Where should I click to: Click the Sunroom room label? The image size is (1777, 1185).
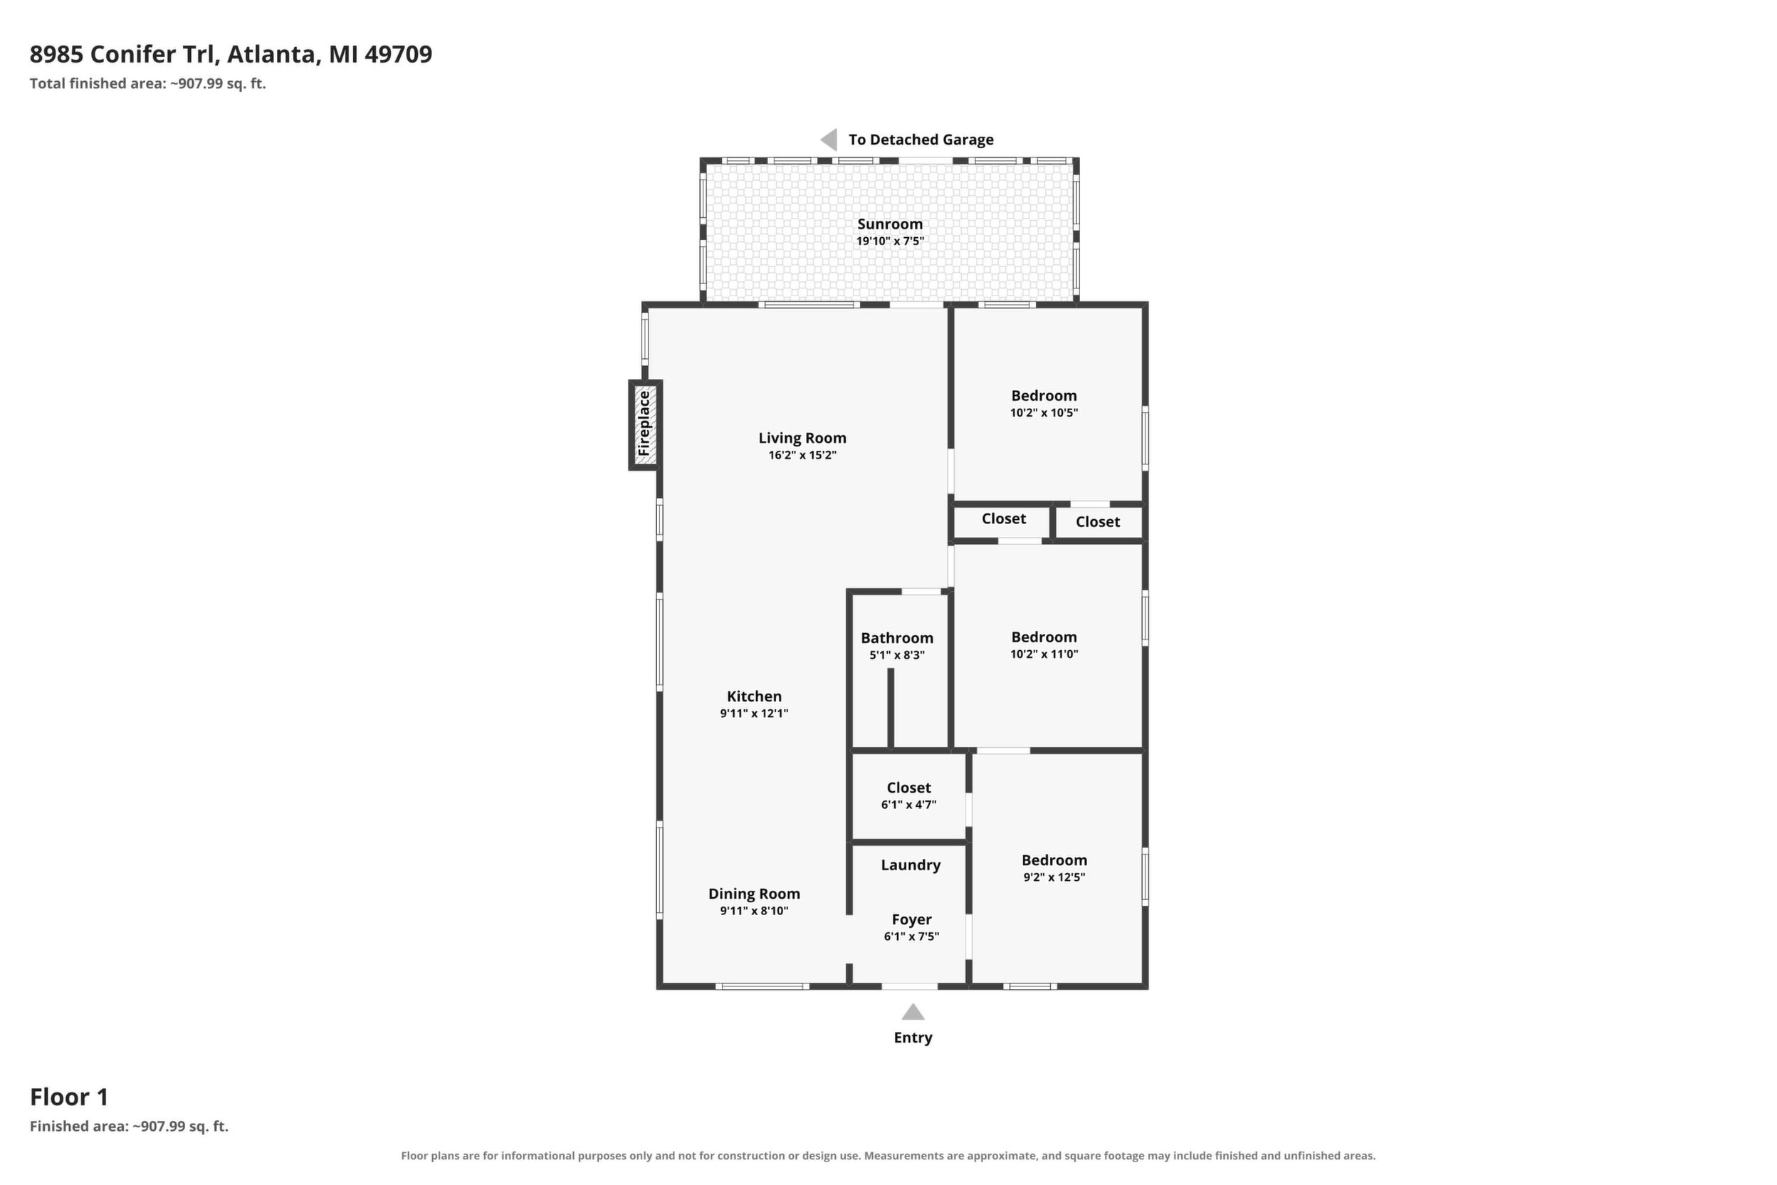(x=890, y=224)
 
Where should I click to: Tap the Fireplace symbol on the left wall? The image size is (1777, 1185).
(x=645, y=424)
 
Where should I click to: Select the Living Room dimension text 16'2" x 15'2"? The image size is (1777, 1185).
(x=802, y=455)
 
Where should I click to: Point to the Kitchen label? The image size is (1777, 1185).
(x=754, y=696)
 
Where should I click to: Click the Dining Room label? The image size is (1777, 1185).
(x=754, y=893)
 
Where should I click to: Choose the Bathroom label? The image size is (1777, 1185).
(x=897, y=638)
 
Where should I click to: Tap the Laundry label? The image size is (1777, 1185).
(x=911, y=865)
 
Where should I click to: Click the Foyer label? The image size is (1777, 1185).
(x=911, y=919)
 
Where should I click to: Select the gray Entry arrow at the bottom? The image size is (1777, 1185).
(x=913, y=1011)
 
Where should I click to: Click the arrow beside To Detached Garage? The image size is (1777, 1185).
(x=829, y=139)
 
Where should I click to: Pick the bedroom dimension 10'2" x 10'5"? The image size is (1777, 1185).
(x=1044, y=412)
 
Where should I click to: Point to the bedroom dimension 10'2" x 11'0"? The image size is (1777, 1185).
(x=1044, y=654)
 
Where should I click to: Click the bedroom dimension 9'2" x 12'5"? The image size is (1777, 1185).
(x=1054, y=877)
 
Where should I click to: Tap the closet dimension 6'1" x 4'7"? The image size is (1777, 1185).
(x=909, y=804)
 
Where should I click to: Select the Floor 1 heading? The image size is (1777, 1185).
(x=69, y=1097)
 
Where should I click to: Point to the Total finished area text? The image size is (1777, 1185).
(x=148, y=83)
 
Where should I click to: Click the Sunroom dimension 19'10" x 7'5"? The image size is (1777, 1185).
(x=890, y=241)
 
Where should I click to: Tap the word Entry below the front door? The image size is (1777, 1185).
(x=913, y=1037)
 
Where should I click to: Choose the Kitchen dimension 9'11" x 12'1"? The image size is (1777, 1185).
(x=754, y=713)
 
